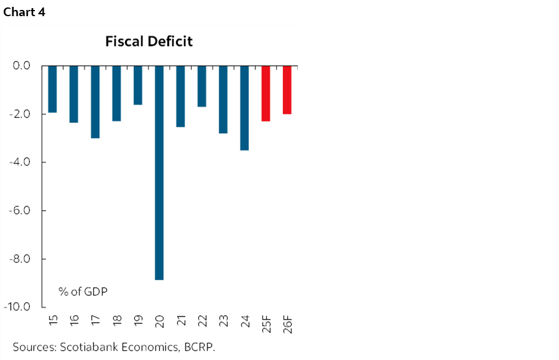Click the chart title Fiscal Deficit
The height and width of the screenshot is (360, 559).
click(149, 42)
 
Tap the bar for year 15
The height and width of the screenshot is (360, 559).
click(53, 89)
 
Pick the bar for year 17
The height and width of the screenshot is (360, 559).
click(95, 101)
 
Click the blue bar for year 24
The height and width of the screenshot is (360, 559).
click(244, 108)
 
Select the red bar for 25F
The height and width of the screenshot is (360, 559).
click(266, 93)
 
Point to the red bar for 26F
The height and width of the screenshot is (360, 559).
click(287, 90)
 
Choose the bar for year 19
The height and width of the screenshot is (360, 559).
click(138, 85)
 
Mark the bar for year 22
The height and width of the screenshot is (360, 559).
click(201, 86)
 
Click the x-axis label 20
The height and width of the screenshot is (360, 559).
click(159, 321)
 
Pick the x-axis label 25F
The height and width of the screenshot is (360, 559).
click(266, 323)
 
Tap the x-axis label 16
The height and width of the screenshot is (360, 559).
click(74, 321)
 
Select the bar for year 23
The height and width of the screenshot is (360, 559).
click(223, 99)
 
